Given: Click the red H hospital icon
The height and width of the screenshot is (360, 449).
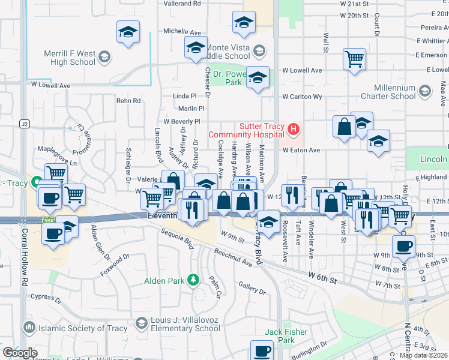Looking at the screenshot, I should pyautogui.click(x=294, y=128).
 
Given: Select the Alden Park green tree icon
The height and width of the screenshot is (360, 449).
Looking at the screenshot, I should pyautogui.click(x=193, y=280).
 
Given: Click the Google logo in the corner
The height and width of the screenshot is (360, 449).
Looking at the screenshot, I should pyautogui.click(x=19, y=353).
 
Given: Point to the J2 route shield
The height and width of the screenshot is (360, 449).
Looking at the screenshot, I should pyautogui.click(x=24, y=124).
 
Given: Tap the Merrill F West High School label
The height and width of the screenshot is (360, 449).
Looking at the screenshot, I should pyautogui.click(x=69, y=58).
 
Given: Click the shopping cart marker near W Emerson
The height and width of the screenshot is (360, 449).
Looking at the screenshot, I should pyautogui.click(x=355, y=59).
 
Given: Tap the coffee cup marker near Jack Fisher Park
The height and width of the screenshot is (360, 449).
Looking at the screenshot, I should pyautogui.click(x=262, y=351).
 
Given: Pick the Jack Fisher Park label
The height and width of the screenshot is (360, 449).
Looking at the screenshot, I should pyautogui.click(x=287, y=336).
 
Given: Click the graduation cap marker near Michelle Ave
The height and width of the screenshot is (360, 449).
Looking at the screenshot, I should pyautogui.click(x=127, y=32).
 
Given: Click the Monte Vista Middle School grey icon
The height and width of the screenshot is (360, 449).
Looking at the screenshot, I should pyautogui.click(x=259, y=50).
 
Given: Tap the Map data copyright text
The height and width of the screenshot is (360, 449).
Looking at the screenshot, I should pyautogui.click(x=424, y=355).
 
